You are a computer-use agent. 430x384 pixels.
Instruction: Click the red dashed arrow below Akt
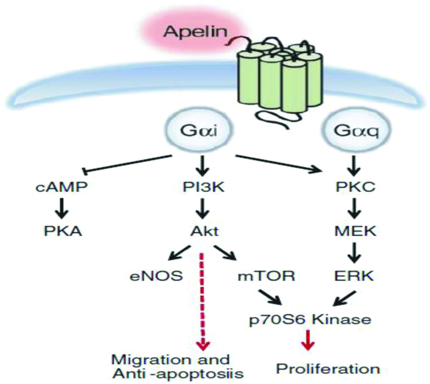[202, 299]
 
